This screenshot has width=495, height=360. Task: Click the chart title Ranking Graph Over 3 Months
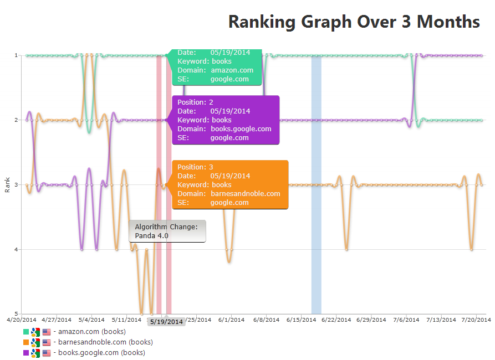(x=354, y=22)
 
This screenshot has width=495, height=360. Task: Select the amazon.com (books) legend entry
(x=92, y=332)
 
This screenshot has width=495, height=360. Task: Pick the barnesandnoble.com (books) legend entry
(x=103, y=342)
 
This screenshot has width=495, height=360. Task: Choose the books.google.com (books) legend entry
(x=99, y=353)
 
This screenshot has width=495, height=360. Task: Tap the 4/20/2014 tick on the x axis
(x=21, y=320)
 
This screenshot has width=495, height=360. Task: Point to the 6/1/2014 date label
(x=231, y=320)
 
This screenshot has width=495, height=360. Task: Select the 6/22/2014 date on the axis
(x=336, y=320)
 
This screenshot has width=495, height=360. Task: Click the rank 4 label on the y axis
(x=17, y=249)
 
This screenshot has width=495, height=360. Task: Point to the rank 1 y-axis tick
(x=17, y=55)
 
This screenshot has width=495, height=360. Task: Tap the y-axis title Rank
(x=7, y=184)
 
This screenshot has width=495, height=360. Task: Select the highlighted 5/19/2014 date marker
(x=166, y=322)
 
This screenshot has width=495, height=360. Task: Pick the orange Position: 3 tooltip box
(x=230, y=184)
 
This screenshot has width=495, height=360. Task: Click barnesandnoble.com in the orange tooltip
(x=245, y=194)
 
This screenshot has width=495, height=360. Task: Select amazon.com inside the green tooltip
(x=232, y=70)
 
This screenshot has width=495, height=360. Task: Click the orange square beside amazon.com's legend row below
(x=25, y=342)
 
